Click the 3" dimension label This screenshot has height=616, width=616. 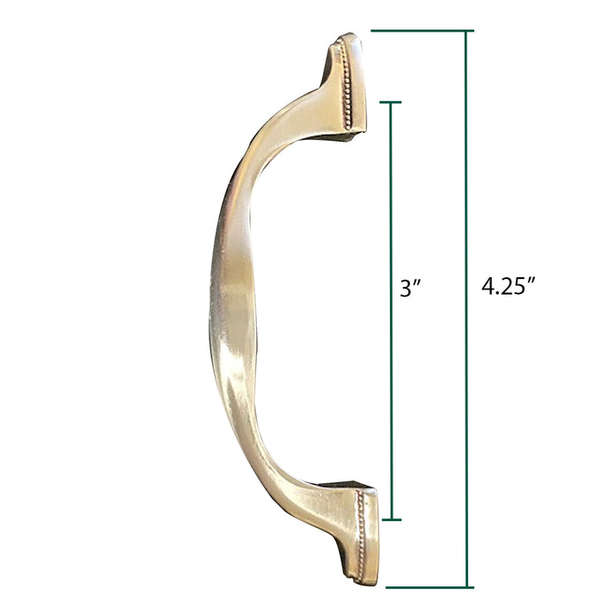click(411, 288)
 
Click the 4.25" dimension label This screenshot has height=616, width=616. click(509, 286)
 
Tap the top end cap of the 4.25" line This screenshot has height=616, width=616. click(422, 31)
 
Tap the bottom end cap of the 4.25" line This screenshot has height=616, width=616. click(429, 587)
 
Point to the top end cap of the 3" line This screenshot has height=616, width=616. click(390, 103)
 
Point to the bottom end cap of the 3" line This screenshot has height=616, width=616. click(392, 519)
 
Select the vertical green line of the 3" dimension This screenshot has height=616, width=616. click(391, 311)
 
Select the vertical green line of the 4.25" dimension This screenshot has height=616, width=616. click(466, 309)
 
